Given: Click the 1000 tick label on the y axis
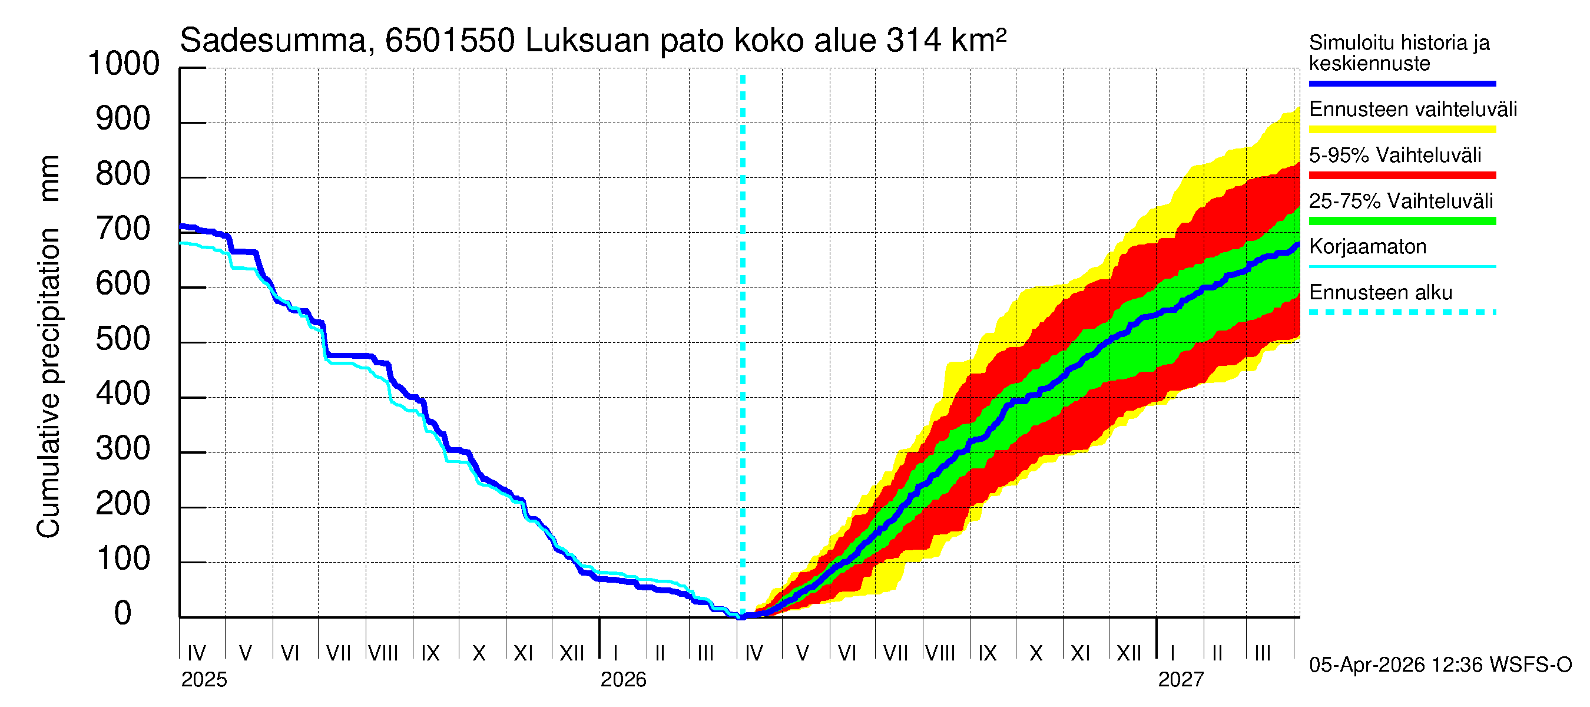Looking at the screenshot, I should pos(124,64).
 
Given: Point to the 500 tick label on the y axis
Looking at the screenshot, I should pos(123,339).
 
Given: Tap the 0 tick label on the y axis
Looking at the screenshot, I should pos(123,614).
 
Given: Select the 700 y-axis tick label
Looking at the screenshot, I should pos(123,230).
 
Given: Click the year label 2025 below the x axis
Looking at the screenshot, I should pos(204,680).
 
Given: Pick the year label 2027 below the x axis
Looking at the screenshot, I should pos(1180,680).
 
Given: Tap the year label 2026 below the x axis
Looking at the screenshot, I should pos(623,680).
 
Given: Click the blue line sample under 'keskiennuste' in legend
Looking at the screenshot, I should pos(1402,83).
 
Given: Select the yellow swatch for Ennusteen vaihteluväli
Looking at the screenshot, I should pos(1402,130).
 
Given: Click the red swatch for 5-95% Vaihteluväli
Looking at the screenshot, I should pos(1402,176).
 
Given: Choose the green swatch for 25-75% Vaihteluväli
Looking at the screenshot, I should pos(1402,221).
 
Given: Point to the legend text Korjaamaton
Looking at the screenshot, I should pos(1367,247).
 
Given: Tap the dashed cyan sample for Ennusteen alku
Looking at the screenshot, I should pos(1402,312).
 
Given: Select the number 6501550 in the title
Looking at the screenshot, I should pos(449,41).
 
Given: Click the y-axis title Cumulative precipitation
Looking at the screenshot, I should pos(49,383).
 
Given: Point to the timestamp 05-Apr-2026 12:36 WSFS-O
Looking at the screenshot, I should pos(1440,665).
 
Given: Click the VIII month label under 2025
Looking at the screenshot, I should pos(383,653).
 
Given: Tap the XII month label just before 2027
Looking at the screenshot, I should pos(1129,653).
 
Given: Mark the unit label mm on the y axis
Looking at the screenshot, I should pos(49,179).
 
